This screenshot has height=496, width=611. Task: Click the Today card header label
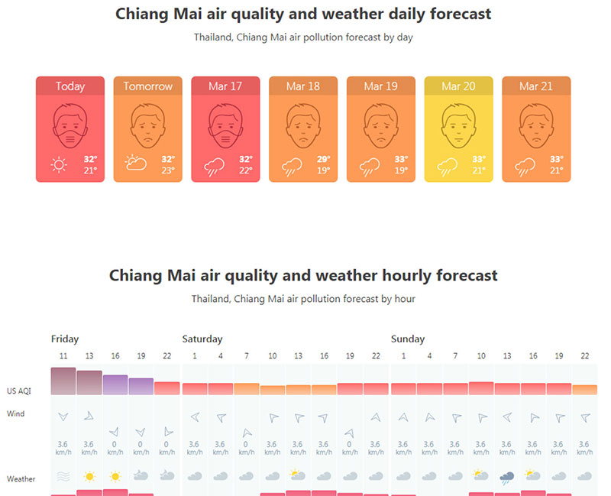(x=70, y=86)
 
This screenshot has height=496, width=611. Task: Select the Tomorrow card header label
(x=148, y=86)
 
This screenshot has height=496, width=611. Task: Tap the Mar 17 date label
(x=225, y=86)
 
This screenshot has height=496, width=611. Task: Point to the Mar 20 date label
(x=458, y=86)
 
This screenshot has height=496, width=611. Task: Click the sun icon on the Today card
(x=59, y=165)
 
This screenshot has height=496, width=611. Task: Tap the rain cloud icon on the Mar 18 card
(x=292, y=166)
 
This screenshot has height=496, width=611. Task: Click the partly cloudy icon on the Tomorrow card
(x=137, y=164)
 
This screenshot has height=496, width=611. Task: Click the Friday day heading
(x=65, y=339)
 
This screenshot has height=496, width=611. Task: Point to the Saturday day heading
(x=202, y=339)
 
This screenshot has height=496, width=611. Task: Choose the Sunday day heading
(x=408, y=339)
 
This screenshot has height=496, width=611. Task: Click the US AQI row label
(x=18, y=391)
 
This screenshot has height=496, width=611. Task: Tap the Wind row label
(x=15, y=414)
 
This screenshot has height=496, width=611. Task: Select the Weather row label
(x=21, y=479)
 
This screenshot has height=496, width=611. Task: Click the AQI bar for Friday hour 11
(x=63, y=381)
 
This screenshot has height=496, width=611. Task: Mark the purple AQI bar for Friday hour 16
(x=115, y=384)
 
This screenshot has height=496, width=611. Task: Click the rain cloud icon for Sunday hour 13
(x=506, y=477)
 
